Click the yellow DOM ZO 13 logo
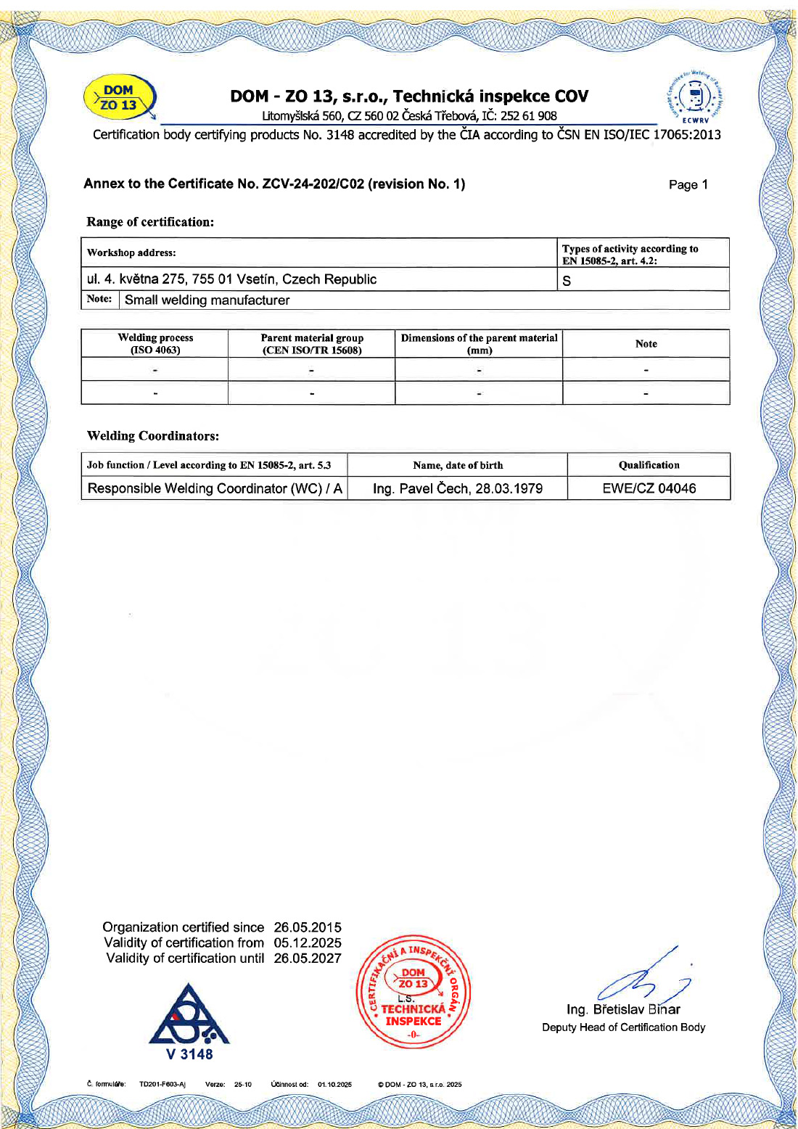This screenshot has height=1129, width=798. [x=120, y=99]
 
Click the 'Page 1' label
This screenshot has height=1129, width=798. [x=688, y=185]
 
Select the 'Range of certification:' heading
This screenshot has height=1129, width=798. [x=150, y=222]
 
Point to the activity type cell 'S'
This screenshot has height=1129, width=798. [x=567, y=281]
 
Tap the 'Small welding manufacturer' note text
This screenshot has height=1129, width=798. [x=207, y=300]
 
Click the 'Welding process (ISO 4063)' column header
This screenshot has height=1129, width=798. [x=155, y=343]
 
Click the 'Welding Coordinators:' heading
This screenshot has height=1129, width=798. [x=152, y=436]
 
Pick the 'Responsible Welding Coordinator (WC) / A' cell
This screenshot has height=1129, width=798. [x=215, y=488]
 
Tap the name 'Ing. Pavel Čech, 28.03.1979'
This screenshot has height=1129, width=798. [x=458, y=488]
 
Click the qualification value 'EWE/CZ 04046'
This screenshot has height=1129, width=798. [x=649, y=488]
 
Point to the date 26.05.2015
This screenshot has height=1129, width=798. [x=308, y=927]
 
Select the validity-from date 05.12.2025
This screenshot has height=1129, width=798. [x=308, y=943]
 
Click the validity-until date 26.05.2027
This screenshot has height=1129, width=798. [x=308, y=958]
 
